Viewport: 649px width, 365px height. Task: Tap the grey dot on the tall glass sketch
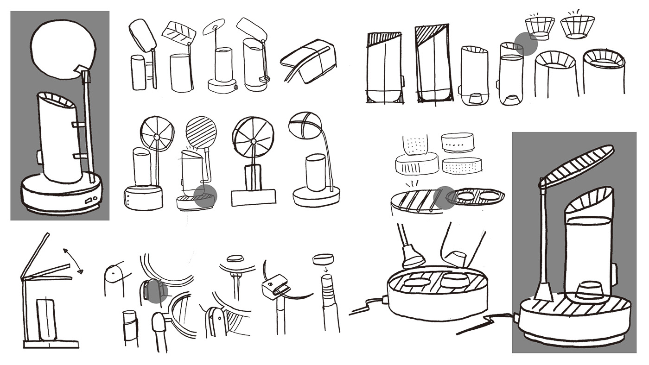tap(526, 44)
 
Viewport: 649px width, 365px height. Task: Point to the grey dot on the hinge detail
tap(156, 292)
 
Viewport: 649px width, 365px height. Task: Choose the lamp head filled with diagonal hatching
tap(201, 131)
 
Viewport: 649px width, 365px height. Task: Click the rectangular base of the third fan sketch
tap(253, 198)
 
